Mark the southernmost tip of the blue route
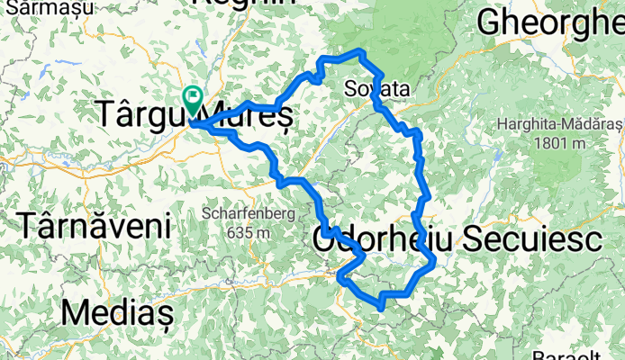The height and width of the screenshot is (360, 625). [x=382, y=308]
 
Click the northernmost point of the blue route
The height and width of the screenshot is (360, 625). [x=360, y=50]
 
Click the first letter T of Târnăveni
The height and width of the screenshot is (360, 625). [x=30, y=224]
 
